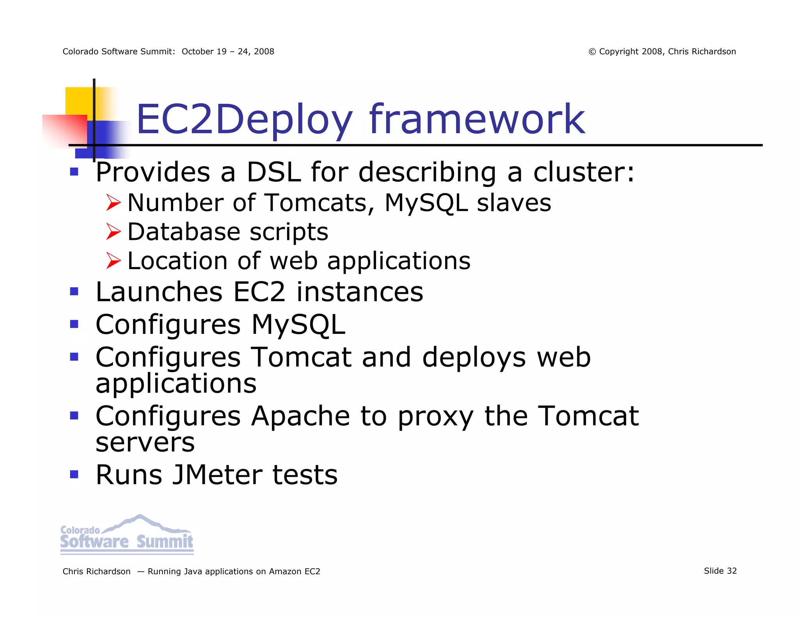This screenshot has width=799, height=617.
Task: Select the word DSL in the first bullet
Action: pos(274,172)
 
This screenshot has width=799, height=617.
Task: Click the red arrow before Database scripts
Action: pos(114,232)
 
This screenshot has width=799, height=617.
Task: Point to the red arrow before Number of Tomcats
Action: pos(114,203)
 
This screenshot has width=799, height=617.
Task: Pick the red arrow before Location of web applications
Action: pos(114,261)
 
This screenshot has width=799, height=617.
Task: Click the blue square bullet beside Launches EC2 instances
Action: pos(74,291)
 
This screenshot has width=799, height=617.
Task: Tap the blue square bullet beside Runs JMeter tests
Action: pos(74,474)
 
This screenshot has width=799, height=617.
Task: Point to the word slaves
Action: pos(514,203)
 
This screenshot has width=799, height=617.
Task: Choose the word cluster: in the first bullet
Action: pos(584,172)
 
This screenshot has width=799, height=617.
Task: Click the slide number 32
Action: pos(732,571)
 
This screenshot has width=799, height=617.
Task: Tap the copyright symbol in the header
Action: pos(592,52)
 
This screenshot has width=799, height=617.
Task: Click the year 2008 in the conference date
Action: pos(264,52)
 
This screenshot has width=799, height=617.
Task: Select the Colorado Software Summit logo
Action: pos(127,535)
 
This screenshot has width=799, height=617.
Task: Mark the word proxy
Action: pos(435,417)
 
